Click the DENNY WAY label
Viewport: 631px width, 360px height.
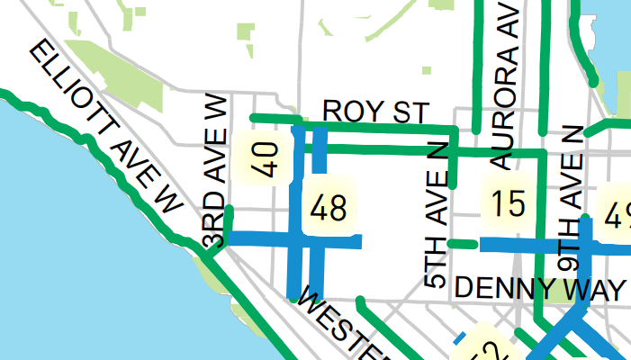click(x=538, y=289)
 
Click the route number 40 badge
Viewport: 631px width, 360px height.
click(x=260, y=157)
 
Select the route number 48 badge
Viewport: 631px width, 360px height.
click(x=327, y=210)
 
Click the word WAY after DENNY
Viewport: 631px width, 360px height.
click(x=590, y=289)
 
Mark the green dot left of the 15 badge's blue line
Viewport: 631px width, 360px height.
click(x=452, y=244)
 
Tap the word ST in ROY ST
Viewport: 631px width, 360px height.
click(x=407, y=112)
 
